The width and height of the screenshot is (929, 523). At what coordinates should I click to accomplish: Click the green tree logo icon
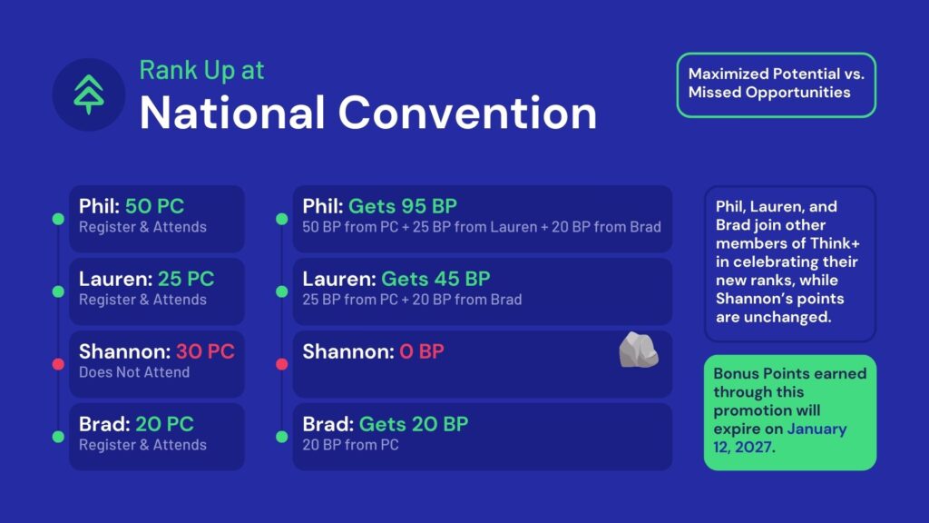[x=89, y=94]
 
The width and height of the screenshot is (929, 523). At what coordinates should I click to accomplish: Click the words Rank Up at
[x=201, y=70]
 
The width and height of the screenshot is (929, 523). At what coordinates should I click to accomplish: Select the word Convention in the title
[x=467, y=113]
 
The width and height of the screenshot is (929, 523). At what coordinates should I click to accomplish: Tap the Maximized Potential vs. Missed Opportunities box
[x=777, y=84]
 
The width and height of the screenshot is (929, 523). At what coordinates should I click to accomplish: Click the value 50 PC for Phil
[x=154, y=206]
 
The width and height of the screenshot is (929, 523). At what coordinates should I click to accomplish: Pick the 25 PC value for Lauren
[x=186, y=279]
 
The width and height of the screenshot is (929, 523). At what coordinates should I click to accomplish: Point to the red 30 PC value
[x=205, y=351]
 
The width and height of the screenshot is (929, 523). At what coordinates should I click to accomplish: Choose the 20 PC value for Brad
[x=164, y=424]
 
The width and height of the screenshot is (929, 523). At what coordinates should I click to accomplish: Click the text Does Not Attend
[x=134, y=372]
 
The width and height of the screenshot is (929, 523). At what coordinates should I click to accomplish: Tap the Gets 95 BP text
[x=403, y=206]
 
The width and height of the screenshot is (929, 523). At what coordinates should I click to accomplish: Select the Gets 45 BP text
[x=435, y=279]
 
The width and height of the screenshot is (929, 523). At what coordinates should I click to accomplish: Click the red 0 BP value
[x=421, y=351]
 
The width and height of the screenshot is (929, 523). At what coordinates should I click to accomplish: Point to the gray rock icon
[x=638, y=350]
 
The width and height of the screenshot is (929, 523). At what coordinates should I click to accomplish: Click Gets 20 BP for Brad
[x=414, y=424]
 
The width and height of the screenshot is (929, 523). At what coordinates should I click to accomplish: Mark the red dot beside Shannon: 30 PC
[x=58, y=364]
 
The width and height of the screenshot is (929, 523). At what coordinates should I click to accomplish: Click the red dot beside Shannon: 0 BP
[x=282, y=364]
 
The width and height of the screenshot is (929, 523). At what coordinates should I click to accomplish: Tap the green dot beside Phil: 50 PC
[x=58, y=220]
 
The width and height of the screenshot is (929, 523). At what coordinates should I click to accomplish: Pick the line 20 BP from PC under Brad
[x=350, y=445]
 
